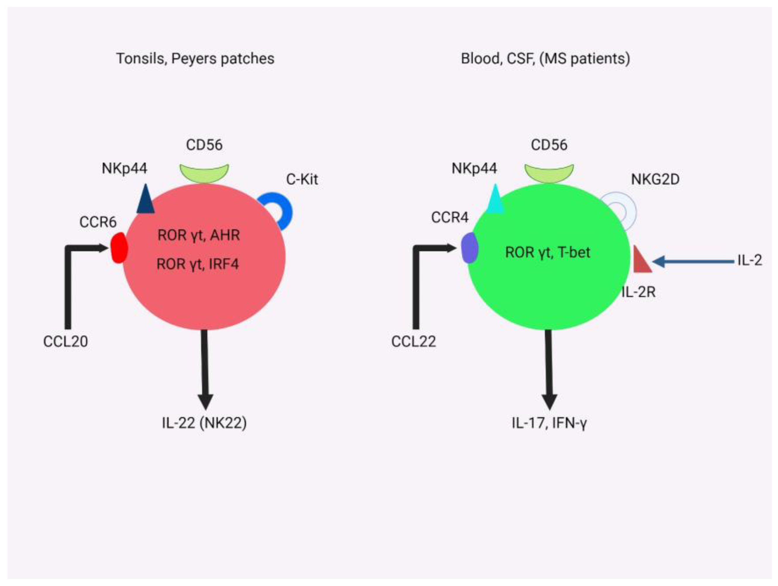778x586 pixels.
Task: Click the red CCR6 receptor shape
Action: (x=119, y=247)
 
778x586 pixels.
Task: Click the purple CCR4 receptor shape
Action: (x=470, y=247)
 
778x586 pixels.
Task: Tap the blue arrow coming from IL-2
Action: (x=693, y=261)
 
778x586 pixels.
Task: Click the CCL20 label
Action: (x=66, y=341)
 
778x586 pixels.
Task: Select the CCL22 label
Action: (x=414, y=341)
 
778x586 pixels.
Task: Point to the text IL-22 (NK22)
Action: (x=204, y=423)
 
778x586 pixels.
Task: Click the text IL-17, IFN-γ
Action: (x=549, y=423)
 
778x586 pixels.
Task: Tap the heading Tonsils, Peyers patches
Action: (x=195, y=58)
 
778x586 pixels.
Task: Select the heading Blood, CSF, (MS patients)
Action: (x=545, y=58)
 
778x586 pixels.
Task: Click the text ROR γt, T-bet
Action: (x=548, y=252)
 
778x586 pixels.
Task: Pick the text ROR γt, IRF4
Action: (x=198, y=264)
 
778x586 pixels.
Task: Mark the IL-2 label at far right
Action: (x=750, y=260)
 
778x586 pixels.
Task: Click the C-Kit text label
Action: (x=302, y=180)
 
